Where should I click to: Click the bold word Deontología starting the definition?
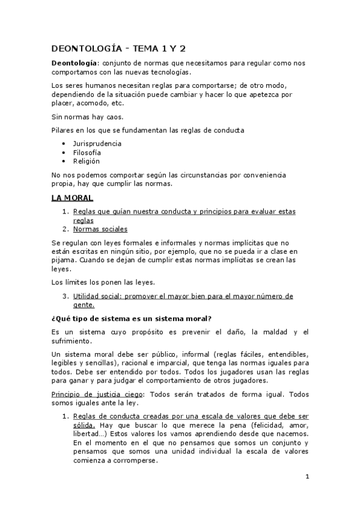[x=73, y=63]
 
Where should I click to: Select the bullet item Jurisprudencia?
[x=97, y=144]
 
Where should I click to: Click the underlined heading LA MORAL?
[x=72, y=198]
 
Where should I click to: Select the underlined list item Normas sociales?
[x=100, y=229]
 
